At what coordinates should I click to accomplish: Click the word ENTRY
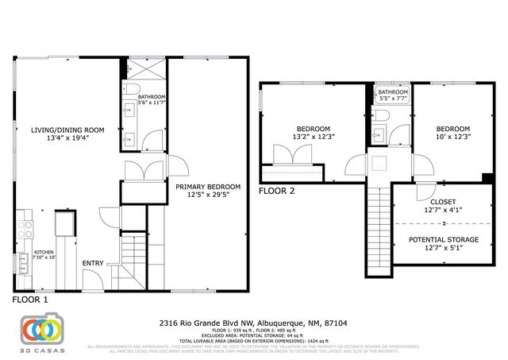(x=93, y=264)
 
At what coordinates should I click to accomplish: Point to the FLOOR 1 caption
(x=30, y=301)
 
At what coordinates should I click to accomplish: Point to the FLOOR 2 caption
(x=277, y=191)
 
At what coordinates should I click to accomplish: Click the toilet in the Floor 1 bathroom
(x=133, y=87)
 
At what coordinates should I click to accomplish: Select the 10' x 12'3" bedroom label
(x=452, y=133)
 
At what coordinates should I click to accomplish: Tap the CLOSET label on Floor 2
(x=443, y=206)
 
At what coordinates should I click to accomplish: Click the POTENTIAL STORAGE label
(x=443, y=243)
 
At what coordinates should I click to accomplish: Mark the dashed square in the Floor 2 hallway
(x=380, y=164)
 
